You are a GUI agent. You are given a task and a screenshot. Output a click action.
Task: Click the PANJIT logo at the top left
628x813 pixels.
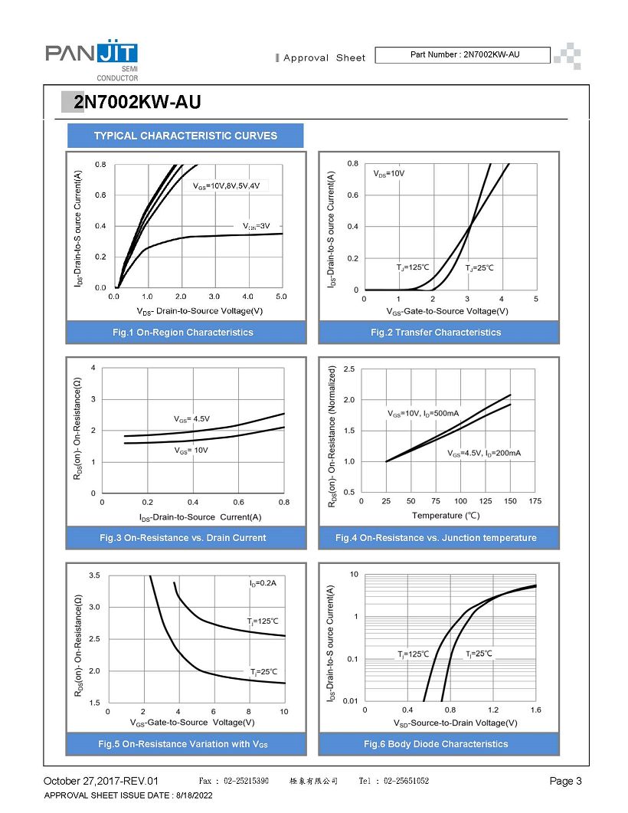92,60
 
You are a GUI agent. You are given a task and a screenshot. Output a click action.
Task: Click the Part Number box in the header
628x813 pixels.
463,55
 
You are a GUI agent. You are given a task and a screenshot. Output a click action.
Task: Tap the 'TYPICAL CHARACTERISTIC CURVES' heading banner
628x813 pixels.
185,136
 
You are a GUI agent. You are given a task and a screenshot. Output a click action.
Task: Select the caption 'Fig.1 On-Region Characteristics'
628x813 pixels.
183,333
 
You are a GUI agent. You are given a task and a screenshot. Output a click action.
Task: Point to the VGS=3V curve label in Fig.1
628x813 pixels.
256,226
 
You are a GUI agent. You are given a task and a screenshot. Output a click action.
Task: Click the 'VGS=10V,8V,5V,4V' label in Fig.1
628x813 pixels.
227,185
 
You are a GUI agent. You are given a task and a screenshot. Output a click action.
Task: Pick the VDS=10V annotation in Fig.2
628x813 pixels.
388,174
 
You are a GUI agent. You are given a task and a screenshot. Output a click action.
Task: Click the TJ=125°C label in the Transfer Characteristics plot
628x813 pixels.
413,267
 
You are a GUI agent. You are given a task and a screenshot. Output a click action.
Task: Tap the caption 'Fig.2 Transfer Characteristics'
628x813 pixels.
436,333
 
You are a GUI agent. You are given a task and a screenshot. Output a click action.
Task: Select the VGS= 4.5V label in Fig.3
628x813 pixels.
191,419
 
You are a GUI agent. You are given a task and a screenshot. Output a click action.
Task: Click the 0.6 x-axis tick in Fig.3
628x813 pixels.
238,502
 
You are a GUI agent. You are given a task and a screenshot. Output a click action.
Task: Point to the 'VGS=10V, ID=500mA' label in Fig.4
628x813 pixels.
424,414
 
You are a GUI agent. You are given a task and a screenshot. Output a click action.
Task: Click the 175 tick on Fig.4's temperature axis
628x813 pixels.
535,501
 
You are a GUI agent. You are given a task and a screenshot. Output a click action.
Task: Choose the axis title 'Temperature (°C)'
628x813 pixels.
446,516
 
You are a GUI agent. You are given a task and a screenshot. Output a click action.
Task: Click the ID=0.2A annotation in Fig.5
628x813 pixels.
263,583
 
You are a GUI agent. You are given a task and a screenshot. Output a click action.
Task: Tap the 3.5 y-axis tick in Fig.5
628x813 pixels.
94,575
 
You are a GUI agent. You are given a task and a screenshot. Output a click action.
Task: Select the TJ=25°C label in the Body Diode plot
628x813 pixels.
479,654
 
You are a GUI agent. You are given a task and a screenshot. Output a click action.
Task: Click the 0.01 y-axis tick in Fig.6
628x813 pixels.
350,700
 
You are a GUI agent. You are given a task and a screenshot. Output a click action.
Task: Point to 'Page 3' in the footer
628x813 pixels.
565,781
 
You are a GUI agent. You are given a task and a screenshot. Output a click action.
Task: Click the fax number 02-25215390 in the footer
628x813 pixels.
246,781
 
